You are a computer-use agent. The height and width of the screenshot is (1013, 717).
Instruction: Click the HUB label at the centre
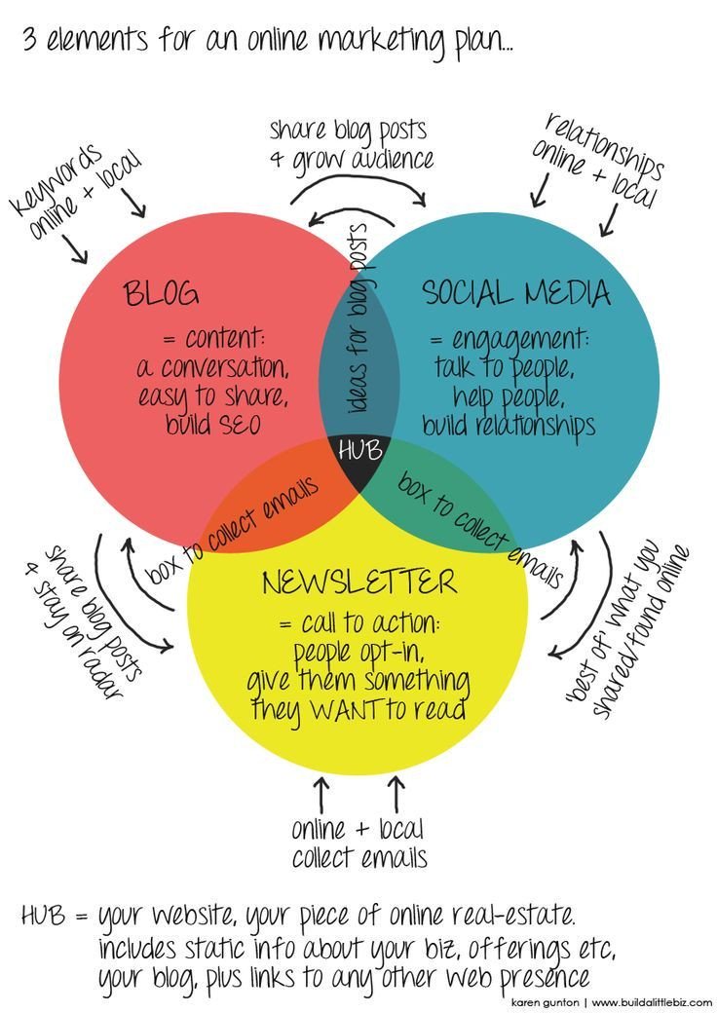(359, 451)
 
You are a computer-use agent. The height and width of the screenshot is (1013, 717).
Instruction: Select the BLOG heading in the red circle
(162, 292)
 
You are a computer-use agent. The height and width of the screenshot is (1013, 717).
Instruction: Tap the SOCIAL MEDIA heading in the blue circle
(516, 292)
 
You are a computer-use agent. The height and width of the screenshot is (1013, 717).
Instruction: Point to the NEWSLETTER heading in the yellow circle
(359, 582)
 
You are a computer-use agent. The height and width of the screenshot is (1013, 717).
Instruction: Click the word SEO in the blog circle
(237, 426)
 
